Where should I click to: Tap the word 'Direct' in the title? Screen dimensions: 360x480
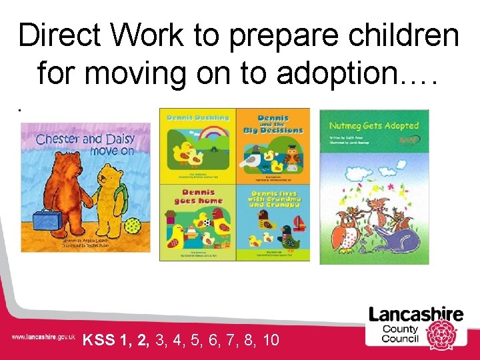click(x=57, y=35)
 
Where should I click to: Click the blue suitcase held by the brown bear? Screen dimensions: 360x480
click(x=45, y=219)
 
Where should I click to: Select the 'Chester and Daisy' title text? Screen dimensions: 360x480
click(x=85, y=140)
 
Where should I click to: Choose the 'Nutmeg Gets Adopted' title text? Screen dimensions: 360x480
click(x=374, y=126)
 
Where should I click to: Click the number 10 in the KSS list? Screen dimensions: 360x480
click(x=271, y=341)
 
